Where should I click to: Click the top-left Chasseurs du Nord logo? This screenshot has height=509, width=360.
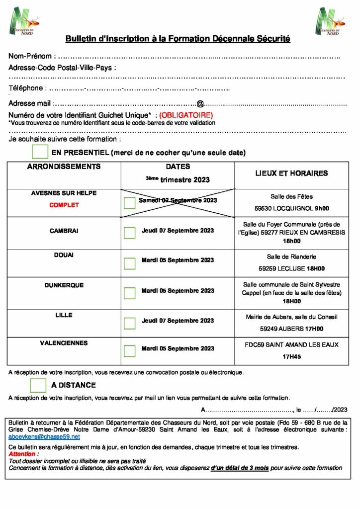pyautogui.click(x=23, y=20)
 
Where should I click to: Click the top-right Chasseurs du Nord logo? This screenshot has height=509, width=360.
pyautogui.click(x=330, y=21)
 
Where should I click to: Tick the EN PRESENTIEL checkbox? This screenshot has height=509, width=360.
pyautogui.click(x=40, y=152)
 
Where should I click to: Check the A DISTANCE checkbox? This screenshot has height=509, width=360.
pyautogui.click(x=38, y=385)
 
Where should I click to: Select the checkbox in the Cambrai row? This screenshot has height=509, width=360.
pyautogui.click(x=130, y=233)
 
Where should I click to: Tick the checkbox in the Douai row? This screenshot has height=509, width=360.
pyautogui.click(x=130, y=263)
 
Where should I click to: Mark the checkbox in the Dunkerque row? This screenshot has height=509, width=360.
pyautogui.click(x=130, y=293)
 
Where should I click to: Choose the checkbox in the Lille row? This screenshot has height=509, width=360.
pyautogui.click(x=130, y=323)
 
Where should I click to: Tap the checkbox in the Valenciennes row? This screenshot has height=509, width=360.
pyautogui.click(x=130, y=351)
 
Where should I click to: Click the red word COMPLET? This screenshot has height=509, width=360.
pyautogui.click(x=64, y=205)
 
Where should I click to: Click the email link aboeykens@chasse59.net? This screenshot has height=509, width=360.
pyautogui.click(x=44, y=437)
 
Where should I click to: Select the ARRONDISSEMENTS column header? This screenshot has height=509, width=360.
pyautogui.click(x=64, y=167)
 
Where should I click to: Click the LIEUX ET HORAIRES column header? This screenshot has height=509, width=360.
pyautogui.click(x=291, y=173)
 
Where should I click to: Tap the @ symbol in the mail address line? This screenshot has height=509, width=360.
pyautogui.click(x=200, y=104)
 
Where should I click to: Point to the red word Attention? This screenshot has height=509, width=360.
pyautogui.click(x=22, y=454)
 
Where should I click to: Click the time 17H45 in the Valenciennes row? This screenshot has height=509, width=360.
pyautogui.click(x=292, y=356)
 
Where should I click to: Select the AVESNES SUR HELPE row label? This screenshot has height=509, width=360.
pyautogui.click(x=64, y=193)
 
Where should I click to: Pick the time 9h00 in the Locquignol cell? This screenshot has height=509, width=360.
pyautogui.click(x=322, y=209)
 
